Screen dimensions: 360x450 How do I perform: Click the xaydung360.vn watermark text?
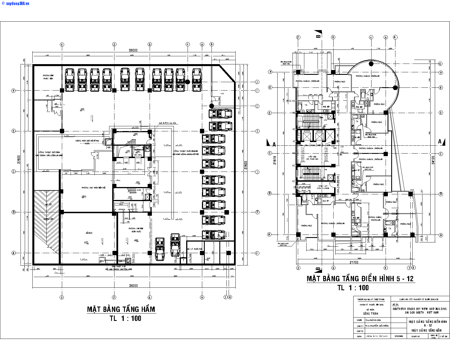[x=15, y=3]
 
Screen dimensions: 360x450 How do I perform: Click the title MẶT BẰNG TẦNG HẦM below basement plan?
[x=121, y=309]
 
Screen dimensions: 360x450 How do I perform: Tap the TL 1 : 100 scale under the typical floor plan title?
[x=353, y=287]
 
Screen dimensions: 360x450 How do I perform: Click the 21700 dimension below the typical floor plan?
[x=354, y=262]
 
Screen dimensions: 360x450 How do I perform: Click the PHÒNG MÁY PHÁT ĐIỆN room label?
[x=48, y=77]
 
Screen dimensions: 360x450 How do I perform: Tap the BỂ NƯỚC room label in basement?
[x=89, y=233]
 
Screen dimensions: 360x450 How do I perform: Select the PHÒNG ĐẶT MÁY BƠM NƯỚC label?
[x=136, y=230]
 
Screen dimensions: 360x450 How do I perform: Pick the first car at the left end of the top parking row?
[x=69, y=80]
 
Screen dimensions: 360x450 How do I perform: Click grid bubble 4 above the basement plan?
[x=188, y=44]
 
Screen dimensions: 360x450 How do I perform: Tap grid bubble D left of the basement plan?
[x=13, y=131]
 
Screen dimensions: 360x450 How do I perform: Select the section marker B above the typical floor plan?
[x=318, y=34]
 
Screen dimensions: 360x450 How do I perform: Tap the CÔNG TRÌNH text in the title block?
[x=370, y=313]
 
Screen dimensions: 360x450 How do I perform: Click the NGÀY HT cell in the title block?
[x=415, y=336]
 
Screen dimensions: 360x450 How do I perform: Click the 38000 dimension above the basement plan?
[x=133, y=50]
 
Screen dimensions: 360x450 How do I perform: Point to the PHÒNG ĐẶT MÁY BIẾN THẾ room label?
[x=94, y=188]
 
